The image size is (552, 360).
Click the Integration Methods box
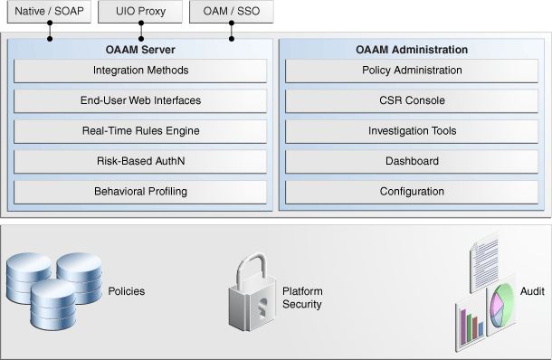tap(140, 71)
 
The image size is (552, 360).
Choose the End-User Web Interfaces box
tap(140, 100)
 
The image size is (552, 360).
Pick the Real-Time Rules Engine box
tap(140, 131)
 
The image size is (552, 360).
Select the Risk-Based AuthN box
tap(140, 161)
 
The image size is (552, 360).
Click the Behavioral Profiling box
tap(140, 192)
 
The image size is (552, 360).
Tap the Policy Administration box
tap(412, 71)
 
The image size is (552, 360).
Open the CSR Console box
tap(412, 100)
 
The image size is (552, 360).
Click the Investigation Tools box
tap(412, 131)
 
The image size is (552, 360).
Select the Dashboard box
tap(412, 161)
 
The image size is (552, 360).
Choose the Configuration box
tap(412, 192)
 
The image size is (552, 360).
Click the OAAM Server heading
tap(140, 50)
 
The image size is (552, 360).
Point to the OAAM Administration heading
tap(412, 50)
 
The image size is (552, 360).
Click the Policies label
tap(126, 291)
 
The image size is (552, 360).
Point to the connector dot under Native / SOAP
tap(50, 39)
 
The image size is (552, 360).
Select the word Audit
tap(532, 291)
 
